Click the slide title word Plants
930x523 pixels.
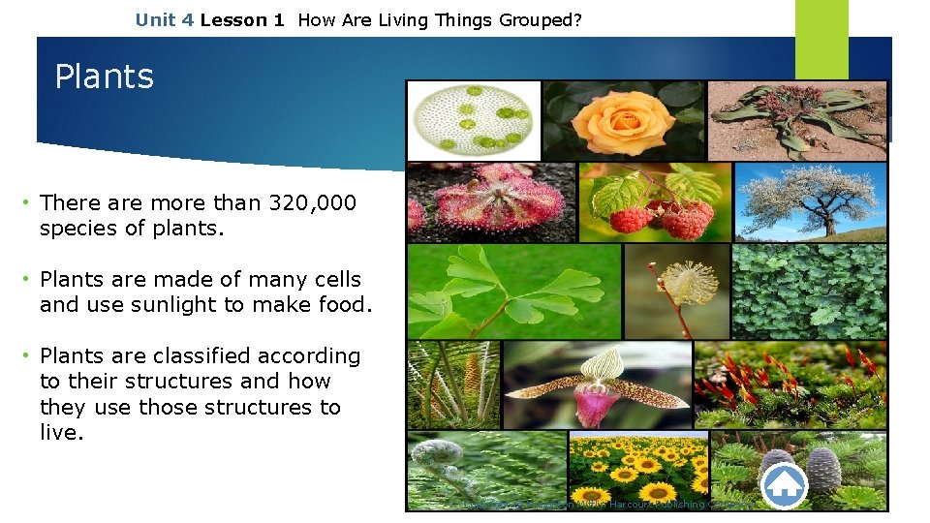coord(105,77)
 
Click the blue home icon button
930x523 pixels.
coord(785,483)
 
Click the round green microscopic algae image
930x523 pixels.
coord(472,120)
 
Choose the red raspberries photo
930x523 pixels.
coord(654,201)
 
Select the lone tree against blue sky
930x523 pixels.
coord(810,201)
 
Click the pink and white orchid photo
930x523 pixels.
coord(597,385)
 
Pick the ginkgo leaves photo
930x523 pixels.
coord(513,291)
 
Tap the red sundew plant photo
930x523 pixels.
coord(490,201)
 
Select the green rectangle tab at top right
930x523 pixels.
coord(821,39)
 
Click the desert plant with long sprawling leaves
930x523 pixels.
coord(797,120)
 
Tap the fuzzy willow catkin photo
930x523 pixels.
coord(675,291)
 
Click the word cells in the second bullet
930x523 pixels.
coord(330,280)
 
